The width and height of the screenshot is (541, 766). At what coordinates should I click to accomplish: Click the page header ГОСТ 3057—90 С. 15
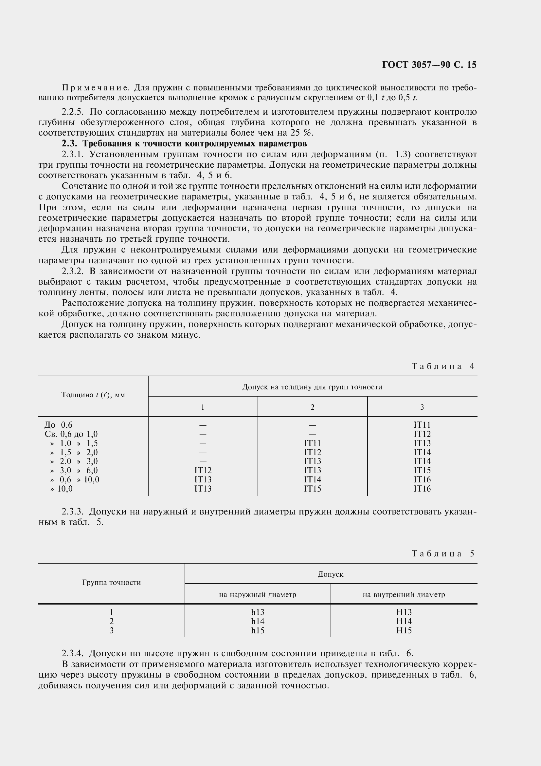(429, 65)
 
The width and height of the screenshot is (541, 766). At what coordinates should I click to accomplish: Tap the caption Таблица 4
(443, 366)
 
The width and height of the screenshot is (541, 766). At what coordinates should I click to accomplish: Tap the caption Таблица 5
(443, 553)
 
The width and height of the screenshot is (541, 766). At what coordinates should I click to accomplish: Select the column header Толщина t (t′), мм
(93, 395)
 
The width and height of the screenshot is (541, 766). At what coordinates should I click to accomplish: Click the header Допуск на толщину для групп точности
(312, 387)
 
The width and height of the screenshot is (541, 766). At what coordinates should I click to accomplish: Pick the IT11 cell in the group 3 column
(422, 425)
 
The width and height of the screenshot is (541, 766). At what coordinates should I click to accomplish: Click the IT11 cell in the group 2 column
(312, 443)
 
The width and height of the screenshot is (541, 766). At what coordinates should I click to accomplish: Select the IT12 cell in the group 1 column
(203, 470)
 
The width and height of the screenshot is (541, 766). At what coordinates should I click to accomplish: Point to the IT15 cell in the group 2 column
(312, 489)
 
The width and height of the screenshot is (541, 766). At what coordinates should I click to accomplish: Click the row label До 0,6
(58, 425)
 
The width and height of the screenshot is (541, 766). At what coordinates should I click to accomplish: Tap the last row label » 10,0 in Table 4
(61, 489)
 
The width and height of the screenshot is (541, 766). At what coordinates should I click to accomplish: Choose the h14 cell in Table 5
(258, 621)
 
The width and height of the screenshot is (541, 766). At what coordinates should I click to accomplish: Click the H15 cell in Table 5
(404, 630)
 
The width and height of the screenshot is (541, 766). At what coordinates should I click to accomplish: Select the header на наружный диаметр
(257, 594)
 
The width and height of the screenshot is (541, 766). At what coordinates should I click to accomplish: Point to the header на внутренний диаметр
(404, 594)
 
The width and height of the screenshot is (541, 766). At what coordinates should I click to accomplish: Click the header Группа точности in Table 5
(111, 583)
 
